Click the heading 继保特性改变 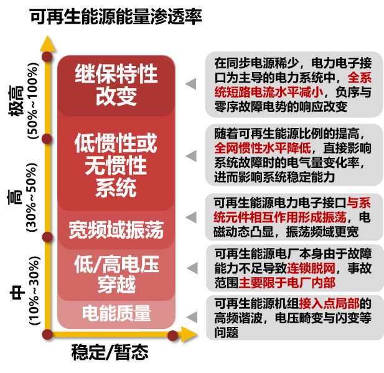pyautogui.click(x=116, y=85)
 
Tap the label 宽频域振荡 pyautogui.click(x=116, y=230)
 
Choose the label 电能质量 pyautogui.click(x=116, y=313)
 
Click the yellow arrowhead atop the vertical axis pyautogui.click(x=47, y=44)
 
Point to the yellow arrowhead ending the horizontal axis pyautogui.click(x=189, y=336)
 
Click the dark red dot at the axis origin pyautogui.click(x=47, y=334)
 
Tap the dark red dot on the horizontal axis pyautogui.click(x=172, y=336)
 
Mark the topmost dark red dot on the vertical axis pyautogui.click(x=47, y=57)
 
